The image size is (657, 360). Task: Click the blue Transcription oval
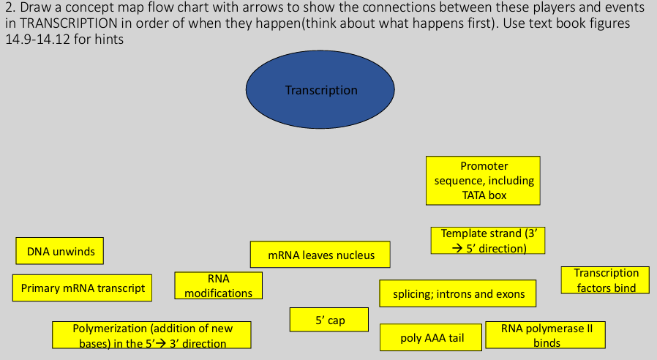[x=320, y=90]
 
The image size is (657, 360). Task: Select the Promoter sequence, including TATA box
[x=483, y=180]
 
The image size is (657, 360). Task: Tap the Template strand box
[x=488, y=241]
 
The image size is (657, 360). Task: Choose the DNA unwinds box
[x=61, y=251]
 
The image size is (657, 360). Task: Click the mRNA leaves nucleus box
[x=320, y=255]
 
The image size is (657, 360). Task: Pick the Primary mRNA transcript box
[x=83, y=288]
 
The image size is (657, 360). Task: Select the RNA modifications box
[x=218, y=285]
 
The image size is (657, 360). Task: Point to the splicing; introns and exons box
[x=458, y=293]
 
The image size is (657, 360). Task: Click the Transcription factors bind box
[x=605, y=280]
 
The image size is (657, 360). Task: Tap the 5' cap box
[x=330, y=320]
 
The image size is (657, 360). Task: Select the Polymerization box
[x=152, y=335]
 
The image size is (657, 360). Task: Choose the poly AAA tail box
[x=432, y=337]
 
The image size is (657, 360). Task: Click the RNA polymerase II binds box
[x=546, y=335]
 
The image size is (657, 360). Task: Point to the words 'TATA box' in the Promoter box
[x=484, y=195]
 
